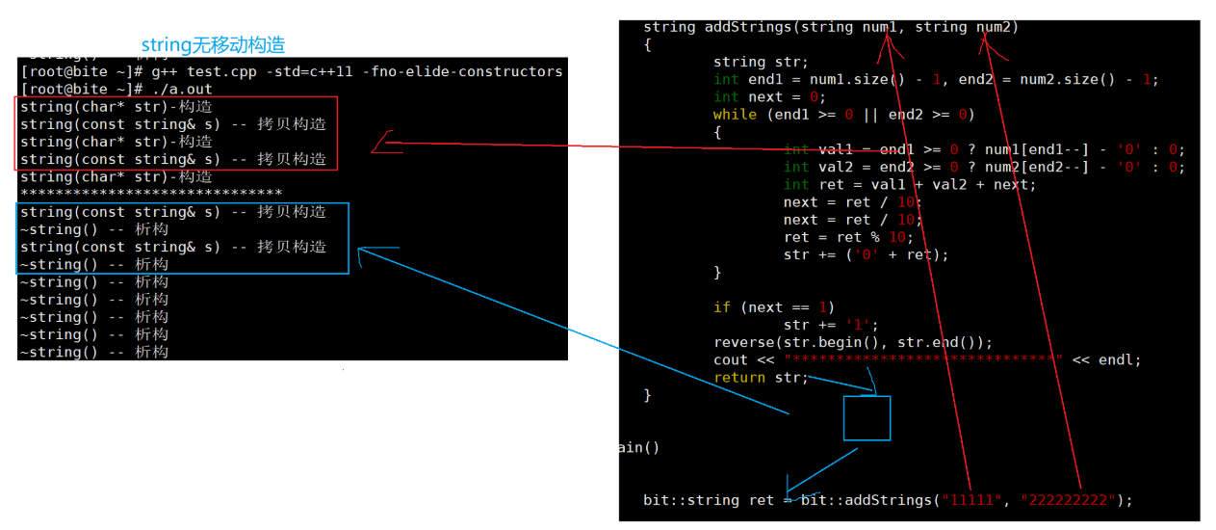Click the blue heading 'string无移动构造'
[213, 45]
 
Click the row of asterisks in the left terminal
[151, 195]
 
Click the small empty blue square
[867, 417]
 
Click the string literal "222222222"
[1070, 500]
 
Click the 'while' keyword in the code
[735, 115]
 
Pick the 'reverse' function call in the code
[744, 342]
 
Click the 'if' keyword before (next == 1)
[722, 307]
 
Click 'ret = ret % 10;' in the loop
[848, 237]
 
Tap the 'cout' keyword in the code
[731, 359]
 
